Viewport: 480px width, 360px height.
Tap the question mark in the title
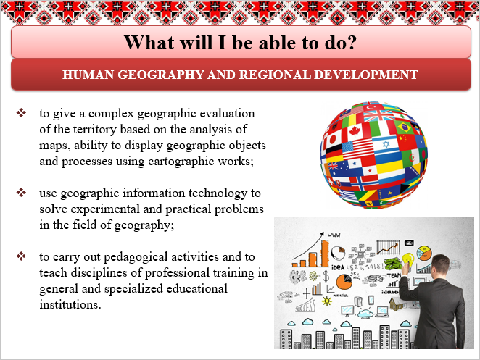[352, 42]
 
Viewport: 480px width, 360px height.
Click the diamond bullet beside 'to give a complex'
[21, 112]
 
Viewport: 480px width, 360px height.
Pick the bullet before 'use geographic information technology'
[21, 193]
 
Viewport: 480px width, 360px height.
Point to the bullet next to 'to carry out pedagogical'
[21, 256]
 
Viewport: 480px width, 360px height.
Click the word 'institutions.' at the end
[70, 304]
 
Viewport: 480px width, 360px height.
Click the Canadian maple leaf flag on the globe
[355, 132]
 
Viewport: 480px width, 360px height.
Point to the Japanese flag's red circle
[333, 140]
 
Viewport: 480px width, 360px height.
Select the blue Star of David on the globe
[386, 143]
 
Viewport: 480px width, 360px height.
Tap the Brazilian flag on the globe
[405, 127]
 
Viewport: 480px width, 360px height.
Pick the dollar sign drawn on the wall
[326, 276]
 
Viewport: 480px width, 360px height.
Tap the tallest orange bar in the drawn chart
[325, 254]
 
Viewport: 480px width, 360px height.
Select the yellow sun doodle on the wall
[327, 301]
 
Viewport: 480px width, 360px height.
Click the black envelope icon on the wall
[409, 243]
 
